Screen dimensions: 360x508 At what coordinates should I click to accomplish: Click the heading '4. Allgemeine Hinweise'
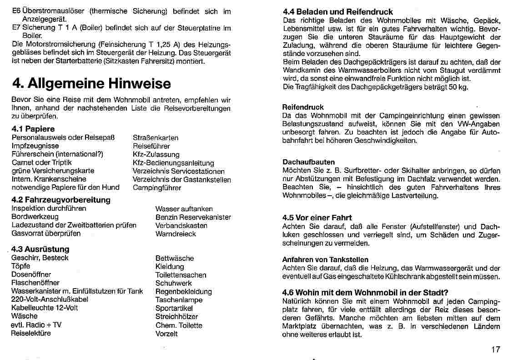pos(91,83)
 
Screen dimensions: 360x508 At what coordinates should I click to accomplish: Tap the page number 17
pos(495,350)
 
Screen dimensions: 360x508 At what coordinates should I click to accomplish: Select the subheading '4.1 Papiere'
pos(33,129)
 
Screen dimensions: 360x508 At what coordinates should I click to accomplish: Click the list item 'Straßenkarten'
pos(156,137)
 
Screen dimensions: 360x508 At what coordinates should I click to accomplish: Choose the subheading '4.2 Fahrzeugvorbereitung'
pos(61,200)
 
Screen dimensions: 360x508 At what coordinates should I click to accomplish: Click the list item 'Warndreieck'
pos(176,233)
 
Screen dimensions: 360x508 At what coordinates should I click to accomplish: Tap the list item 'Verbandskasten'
pos(181,225)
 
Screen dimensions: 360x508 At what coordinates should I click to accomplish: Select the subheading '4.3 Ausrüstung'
pos(40,249)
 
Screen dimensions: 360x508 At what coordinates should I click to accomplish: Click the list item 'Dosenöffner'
pos(31,274)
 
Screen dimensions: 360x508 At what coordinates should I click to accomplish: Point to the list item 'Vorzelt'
pos(166,334)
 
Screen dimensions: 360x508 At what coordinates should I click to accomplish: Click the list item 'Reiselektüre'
pos(31,333)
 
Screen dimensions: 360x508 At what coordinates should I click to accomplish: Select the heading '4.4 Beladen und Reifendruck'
pos(338,12)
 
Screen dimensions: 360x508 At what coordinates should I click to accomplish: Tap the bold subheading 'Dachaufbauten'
pos(308,162)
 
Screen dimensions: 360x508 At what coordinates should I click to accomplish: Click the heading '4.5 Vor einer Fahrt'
pos(317,218)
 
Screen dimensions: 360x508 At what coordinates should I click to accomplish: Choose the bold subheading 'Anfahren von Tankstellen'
pos(325,259)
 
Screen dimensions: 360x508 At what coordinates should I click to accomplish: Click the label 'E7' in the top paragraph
pos(16,28)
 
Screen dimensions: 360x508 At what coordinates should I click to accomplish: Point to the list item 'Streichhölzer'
pos(176,316)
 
